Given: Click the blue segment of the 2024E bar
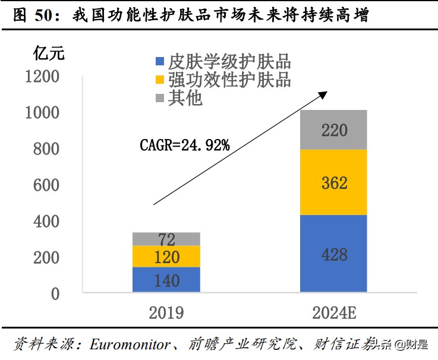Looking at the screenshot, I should point(333,254).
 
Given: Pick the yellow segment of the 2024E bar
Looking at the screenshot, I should point(333,182).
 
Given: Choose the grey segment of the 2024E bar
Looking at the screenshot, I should point(333,130).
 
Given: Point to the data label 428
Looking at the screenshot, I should point(333,255).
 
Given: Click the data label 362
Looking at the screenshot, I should point(333,184).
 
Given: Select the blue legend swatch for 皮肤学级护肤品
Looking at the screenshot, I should point(159,61).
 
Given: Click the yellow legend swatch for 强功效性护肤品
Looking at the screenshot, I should point(159,80).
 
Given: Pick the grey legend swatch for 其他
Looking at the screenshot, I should point(159,97).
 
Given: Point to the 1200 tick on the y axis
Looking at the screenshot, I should point(42,77).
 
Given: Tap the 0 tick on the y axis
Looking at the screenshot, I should point(55,293).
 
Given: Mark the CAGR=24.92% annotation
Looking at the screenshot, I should point(184,145).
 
